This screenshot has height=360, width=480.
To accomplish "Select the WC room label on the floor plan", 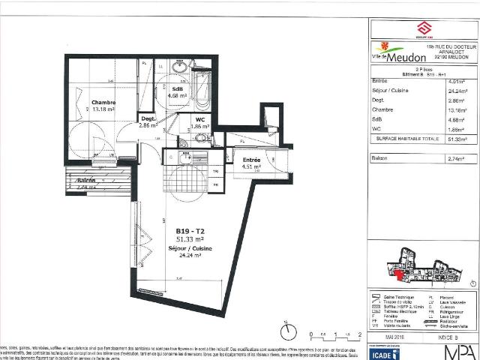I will (x=200, y=119).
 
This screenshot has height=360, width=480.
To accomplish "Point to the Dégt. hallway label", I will (x=148, y=118).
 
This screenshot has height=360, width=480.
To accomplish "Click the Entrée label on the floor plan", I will (x=251, y=160).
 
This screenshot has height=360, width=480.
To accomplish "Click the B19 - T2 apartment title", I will (x=190, y=230).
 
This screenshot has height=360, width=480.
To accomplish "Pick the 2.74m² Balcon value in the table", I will (x=453, y=159).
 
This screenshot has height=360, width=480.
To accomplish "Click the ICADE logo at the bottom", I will (x=379, y=349).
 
